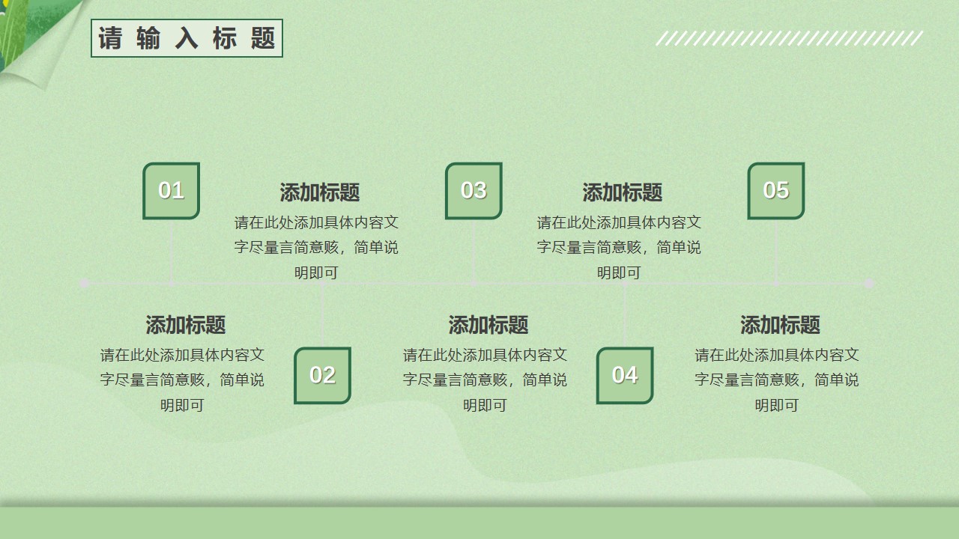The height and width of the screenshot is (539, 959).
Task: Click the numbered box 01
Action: tap(172, 191)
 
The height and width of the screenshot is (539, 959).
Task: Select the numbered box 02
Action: tap(322, 375)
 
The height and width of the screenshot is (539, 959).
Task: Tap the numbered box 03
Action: tap(474, 191)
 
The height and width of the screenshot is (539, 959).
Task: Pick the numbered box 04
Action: tap(625, 375)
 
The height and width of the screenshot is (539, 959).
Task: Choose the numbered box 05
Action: tap(775, 191)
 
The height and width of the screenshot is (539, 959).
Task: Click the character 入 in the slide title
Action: tap(187, 38)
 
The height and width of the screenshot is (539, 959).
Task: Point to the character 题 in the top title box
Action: tap(262, 38)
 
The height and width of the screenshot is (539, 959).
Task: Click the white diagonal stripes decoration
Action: tap(790, 38)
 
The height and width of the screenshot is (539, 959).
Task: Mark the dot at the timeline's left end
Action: tap(85, 283)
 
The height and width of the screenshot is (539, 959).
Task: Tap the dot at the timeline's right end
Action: tap(869, 283)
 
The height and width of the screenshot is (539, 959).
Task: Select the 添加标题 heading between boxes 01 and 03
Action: tap(319, 192)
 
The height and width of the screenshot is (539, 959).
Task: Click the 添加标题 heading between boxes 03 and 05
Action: tap(622, 192)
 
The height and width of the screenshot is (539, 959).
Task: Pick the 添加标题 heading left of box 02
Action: tap(185, 325)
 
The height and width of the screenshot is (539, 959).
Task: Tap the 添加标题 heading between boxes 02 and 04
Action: tap(488, 325)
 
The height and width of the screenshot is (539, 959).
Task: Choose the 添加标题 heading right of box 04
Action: tap(780, 325)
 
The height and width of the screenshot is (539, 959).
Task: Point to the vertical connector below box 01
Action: tap(172, 252)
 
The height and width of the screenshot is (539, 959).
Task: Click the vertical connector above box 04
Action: tap(625, 315)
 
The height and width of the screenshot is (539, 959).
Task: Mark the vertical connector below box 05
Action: tap(775, 252)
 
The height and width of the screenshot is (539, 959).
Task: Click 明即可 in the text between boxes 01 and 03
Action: tap(316, 272)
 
